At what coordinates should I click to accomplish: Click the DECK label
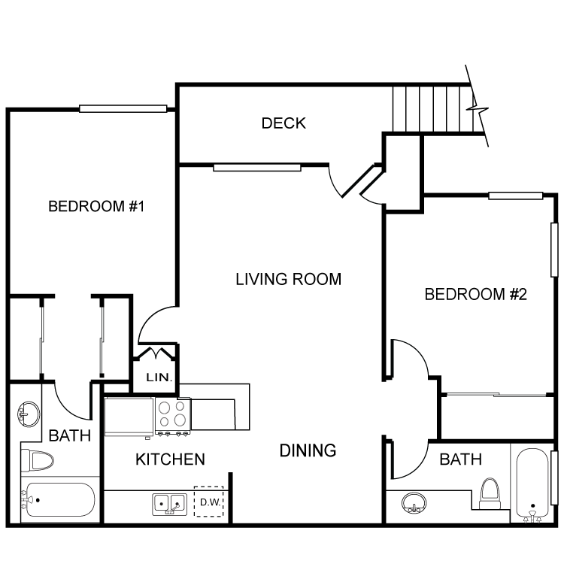pyautogui.click(x=284, y=123)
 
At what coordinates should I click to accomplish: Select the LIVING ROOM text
pyautogui.click(x=288, y=279)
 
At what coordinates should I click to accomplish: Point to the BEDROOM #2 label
pyautogui.click(x=475, y=293)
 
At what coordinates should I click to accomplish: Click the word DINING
pyautogui.click(x=308, y=450)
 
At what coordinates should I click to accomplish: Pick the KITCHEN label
pyautogui.click(x=170, y=459)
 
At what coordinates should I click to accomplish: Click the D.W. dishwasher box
pyautogui.click(x=208, y=502)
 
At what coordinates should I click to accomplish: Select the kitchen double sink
pyautogui.click(x=170, y=503)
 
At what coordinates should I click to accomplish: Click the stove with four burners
pyautogui.click(x=172, y=416)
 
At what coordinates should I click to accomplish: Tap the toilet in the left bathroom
pyautogui.click(x=36, y=459)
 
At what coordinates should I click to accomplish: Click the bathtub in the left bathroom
pyautogui.click(x=59, y=499)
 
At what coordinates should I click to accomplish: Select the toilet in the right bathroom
pyautogui.click(x=491, y=493)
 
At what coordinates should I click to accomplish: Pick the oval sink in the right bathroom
pyautogui.click(x=413, y=502)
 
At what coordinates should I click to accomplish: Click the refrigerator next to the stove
pyautogui.click(x=129, y=417)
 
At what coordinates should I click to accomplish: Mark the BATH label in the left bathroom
pyautogui.click(x=70, y=435)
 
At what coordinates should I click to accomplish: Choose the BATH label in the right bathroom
pyautogui.click(x=460, y=459)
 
